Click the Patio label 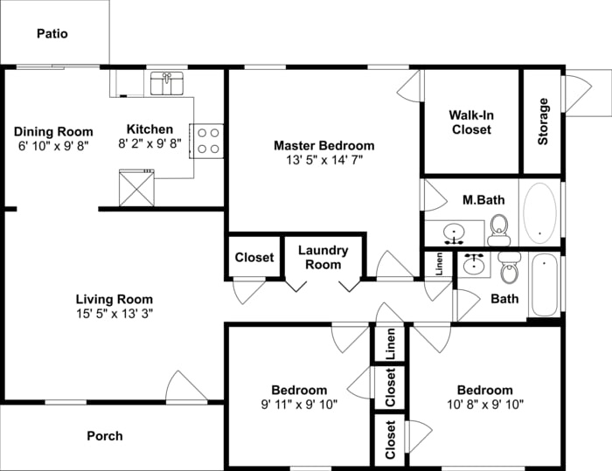pos(52,34)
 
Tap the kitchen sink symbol pos(166,84)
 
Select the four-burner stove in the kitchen pos(207,141)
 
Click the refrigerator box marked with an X pos(136,188)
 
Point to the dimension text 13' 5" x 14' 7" pos(323,161)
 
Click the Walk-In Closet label pos(471,122)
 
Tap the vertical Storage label pos(543,121)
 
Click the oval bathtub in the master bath pos(539,211)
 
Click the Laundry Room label pos(323,257)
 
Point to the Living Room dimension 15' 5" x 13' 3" pos(114,315)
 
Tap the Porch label pos(105,436)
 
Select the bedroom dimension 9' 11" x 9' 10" pos(299,405)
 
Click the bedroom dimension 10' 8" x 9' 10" pos(484,405)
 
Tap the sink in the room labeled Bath pos(475,265)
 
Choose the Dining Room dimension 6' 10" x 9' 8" pos(53,147)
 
